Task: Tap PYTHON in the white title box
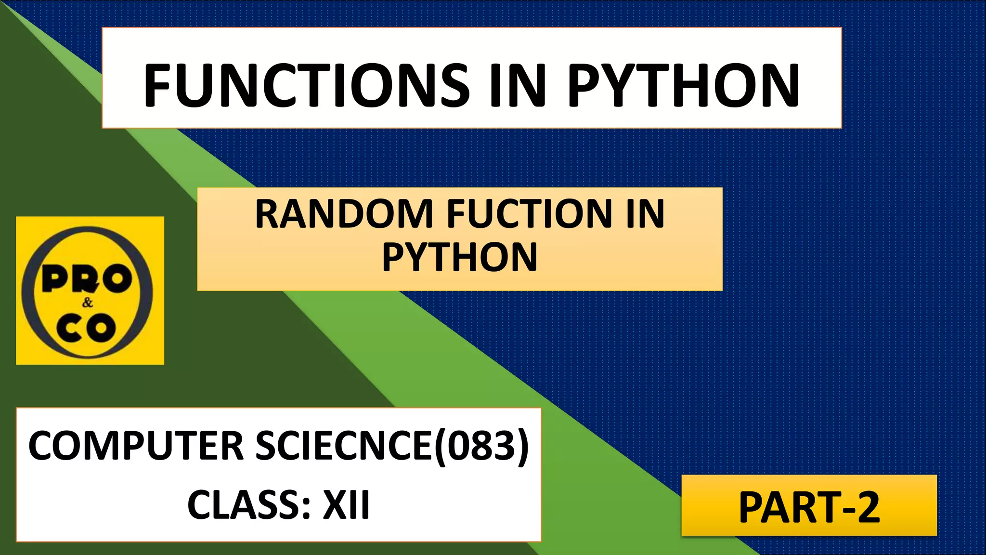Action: (684, 85)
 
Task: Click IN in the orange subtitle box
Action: (645, 214)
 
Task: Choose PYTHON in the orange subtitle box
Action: (460, 258)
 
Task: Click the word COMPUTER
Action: (136, 446)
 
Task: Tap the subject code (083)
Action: (481, 446)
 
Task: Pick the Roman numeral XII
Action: (346, 505)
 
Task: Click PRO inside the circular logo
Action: (87, 279)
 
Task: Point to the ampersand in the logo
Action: (87, 303)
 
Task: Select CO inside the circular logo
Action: (87, 328)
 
